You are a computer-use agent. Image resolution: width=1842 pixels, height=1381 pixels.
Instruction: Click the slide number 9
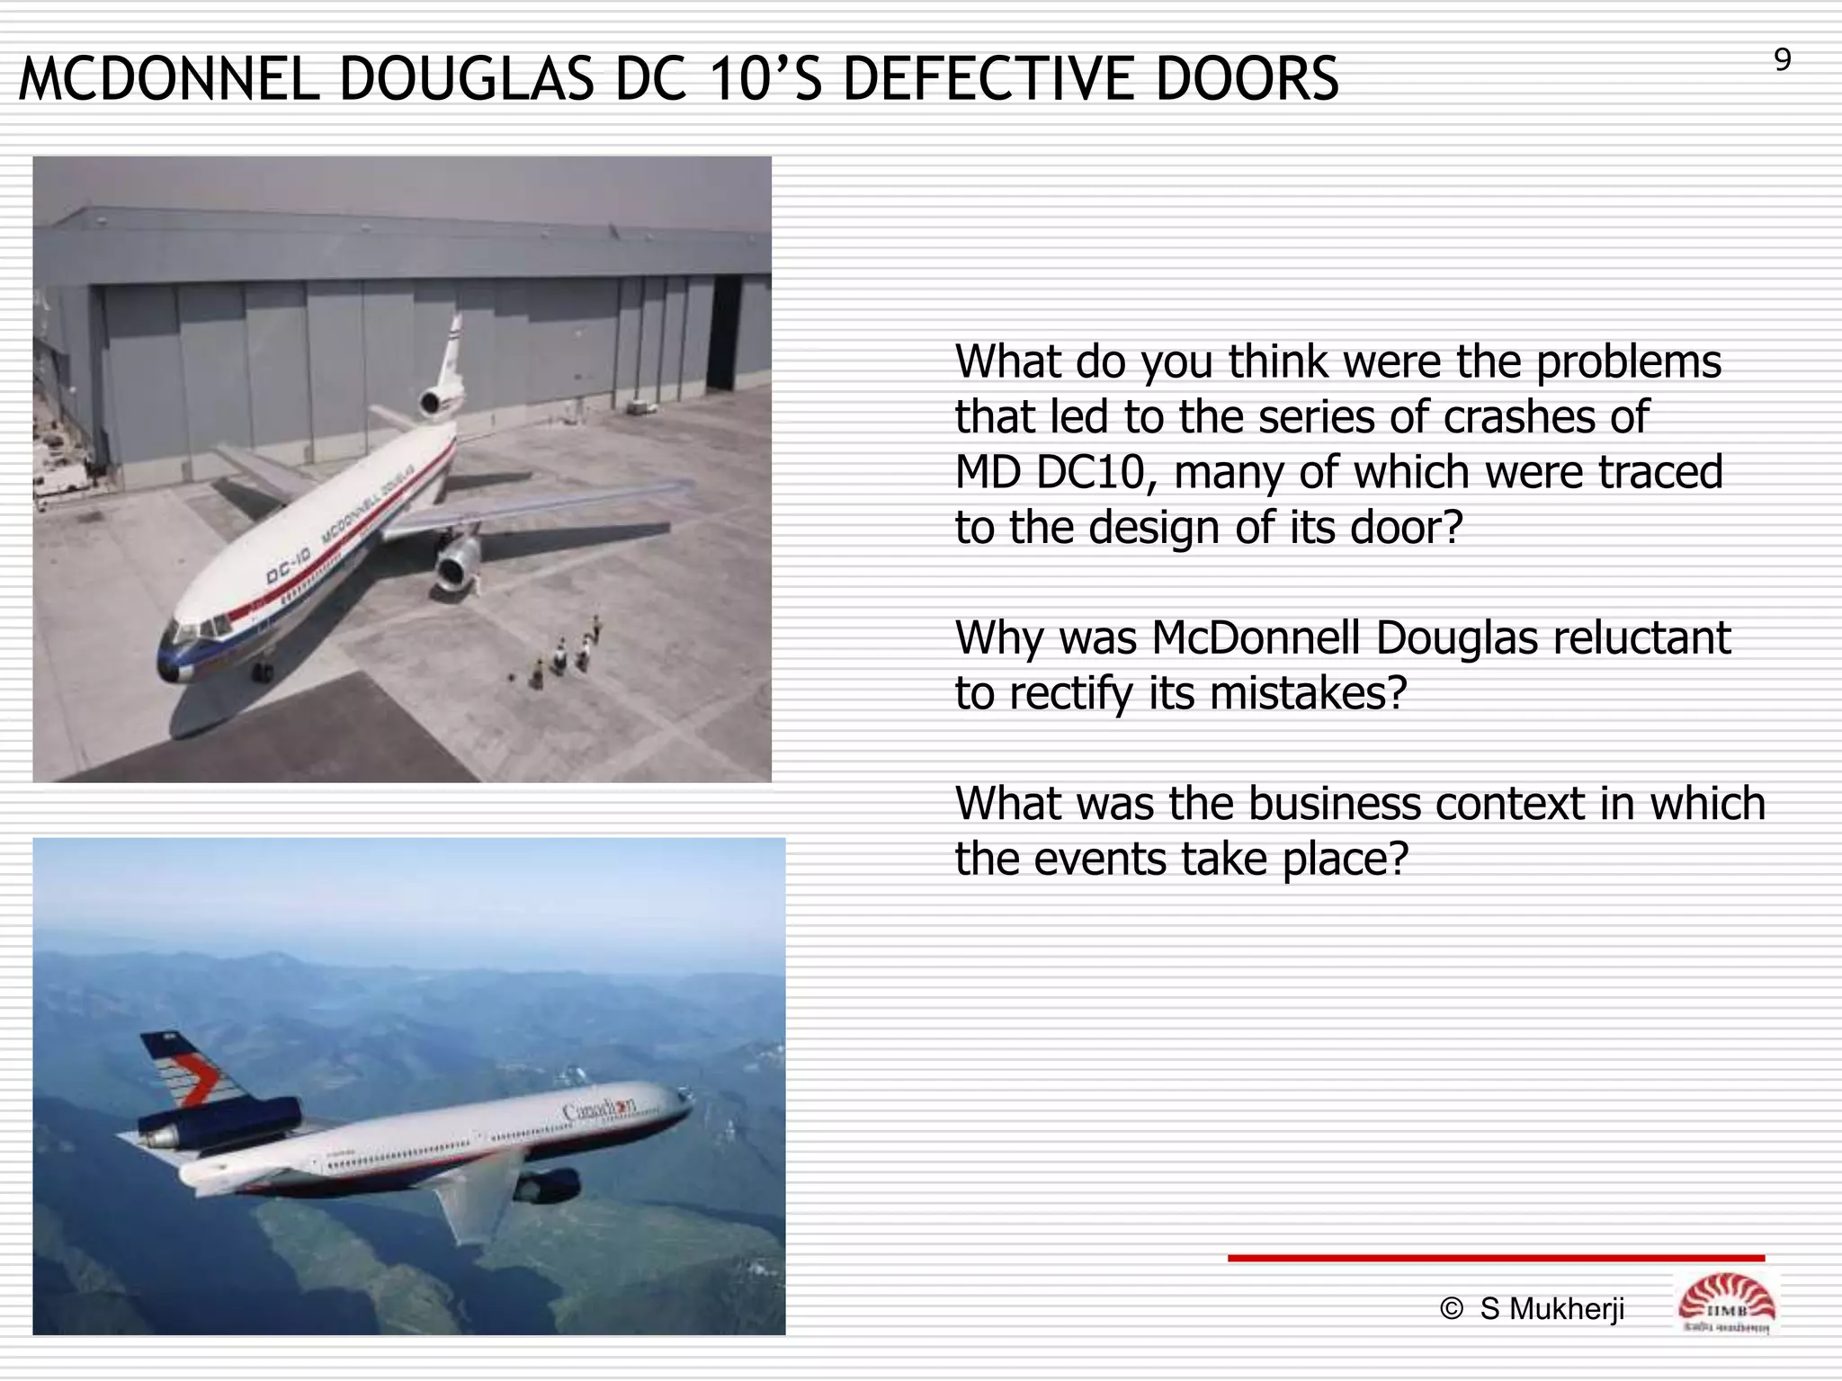1782,61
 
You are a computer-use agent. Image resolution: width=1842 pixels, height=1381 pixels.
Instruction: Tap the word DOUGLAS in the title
466,79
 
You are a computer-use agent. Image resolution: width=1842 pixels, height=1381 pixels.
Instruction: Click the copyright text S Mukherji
1551,1309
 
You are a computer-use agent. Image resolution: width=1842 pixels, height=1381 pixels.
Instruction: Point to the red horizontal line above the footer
1496,1258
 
